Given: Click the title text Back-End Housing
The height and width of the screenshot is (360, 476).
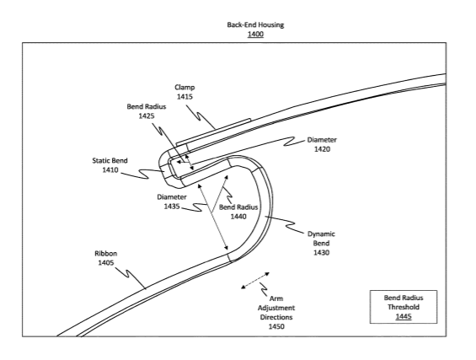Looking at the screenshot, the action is [x=255, y=24].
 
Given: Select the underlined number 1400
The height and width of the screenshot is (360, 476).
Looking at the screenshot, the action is [x=255, y=34].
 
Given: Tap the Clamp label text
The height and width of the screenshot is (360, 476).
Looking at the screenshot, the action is [x=185, y=88].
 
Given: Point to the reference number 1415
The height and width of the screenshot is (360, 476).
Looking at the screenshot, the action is [x=185, y=97].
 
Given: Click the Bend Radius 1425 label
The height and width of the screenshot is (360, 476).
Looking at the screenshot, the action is [x=147, y=111].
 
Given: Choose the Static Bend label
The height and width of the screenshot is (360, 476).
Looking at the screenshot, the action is [x=110, y=160].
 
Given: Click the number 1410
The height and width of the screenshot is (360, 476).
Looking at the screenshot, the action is [x=110, y=169].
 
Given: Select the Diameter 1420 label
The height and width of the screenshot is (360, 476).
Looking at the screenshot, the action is [x=322, y=144].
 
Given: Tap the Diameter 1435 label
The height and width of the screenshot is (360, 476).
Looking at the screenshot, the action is [x=172, y=201].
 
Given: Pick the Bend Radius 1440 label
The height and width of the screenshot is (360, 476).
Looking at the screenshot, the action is [x=238, y=212].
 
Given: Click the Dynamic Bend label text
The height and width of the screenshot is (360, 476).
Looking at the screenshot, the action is [x=321, y=239].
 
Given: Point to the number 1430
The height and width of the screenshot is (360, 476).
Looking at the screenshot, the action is [x=321, y=252].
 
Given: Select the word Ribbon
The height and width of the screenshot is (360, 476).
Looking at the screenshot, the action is [x=105, y=254].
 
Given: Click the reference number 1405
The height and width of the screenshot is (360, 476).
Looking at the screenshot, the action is [x=105, y=262].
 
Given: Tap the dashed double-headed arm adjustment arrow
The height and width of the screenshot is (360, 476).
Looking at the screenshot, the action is [x=255, y=281].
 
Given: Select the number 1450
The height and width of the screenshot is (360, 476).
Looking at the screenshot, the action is [x=276, y=326].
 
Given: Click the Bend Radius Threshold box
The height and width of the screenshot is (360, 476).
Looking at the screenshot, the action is [x=404, y=307].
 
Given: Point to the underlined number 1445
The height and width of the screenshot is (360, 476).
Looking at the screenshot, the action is [x=404, y=316].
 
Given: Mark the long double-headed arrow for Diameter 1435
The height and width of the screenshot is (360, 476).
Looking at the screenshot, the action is [x=213, y=217].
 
